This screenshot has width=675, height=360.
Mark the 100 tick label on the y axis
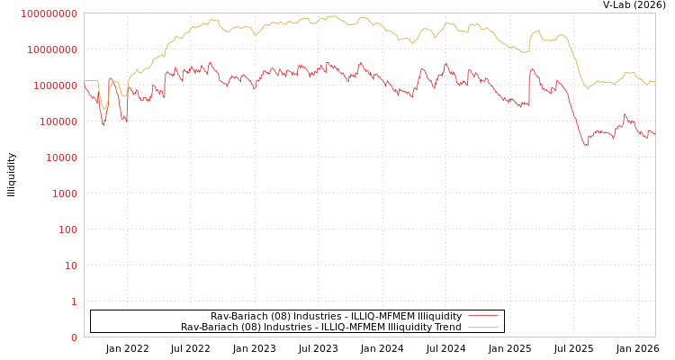coord(66,229)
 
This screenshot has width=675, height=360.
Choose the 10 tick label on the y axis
coord(69,265)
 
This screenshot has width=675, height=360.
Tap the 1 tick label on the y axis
coord(74,301)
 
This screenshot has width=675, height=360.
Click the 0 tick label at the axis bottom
coord(74,337)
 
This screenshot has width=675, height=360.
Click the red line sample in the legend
coord(482,316)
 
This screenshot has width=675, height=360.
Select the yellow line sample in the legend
coord(482,327)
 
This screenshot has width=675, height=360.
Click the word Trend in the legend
coord(446,327)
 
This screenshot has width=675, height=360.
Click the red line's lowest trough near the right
coord(586,144)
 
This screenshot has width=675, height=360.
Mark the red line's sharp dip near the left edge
coord(103,125)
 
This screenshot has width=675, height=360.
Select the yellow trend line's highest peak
coord(334,16)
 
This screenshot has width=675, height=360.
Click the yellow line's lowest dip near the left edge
coord(104,110)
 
